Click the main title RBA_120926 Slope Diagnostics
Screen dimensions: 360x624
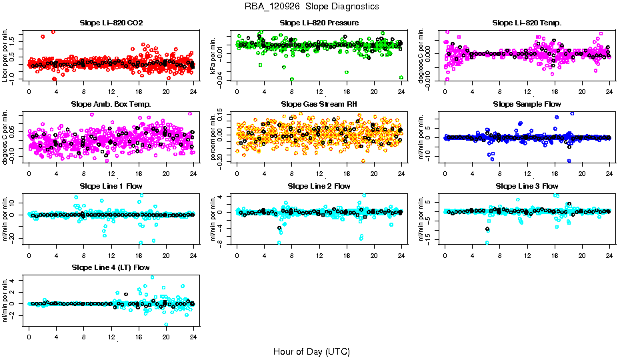tap(311, 6)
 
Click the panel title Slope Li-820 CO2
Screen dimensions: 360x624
tap(111, 23)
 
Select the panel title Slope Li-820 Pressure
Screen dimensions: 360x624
tap(319, 23)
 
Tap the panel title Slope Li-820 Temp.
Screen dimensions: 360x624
tap(527, 23)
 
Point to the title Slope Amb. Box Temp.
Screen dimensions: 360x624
tap(111, 105)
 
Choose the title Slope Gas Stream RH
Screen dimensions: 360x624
tap(319, 105)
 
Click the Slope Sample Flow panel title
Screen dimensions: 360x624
tap(527, 105)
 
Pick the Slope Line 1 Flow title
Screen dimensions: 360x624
tap(111, 186)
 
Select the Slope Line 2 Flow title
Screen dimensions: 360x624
tap(319, 186)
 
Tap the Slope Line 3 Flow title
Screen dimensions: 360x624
tap(527, 186)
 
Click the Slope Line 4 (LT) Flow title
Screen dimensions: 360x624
tap(111, 268)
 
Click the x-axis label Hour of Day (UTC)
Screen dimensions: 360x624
tap(311, 351)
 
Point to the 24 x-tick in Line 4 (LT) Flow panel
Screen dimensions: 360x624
tap(193, 336)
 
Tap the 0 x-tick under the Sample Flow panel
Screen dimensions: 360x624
tap(445, 173)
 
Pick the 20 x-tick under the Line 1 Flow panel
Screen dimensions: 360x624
tap(166, 254)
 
